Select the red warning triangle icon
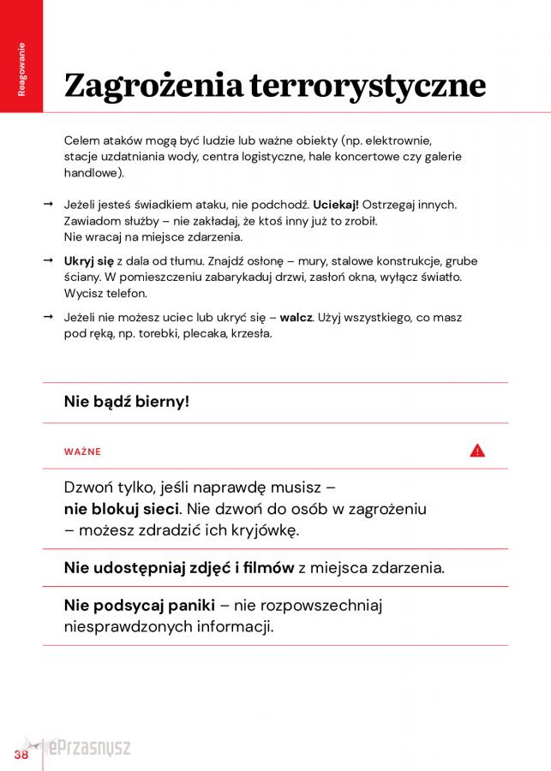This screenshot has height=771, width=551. click(477, 451)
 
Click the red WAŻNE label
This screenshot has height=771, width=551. click(82, 451)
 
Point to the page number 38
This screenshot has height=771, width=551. click(21, 755)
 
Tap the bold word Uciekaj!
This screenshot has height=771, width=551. click(336, 205)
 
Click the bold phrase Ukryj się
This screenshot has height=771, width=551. click(88, 261)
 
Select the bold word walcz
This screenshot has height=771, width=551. click(296, 318)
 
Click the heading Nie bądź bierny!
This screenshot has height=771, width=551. click(126, 400)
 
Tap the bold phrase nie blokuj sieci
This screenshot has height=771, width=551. click(122, 509)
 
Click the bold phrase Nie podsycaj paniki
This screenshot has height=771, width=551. click(139, 606)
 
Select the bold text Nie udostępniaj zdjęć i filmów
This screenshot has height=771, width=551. click(178, 567)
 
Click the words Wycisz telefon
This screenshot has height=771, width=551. click(105, 293)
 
